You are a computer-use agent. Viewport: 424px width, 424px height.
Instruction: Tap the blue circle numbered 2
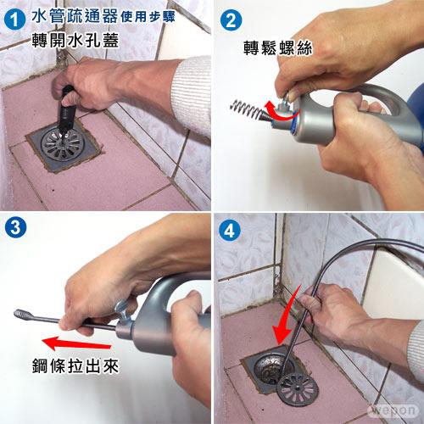(x=231, y=20)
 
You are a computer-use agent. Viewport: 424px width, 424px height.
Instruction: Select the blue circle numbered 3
(x=15, y=227)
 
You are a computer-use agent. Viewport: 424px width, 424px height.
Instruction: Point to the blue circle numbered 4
(x=229, y=230)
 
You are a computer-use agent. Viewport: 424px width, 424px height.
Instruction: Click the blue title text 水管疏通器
(x=75, y=16)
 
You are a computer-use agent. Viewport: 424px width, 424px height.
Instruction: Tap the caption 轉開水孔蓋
(x=75, y=41)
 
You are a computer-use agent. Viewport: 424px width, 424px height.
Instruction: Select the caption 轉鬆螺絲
(x=278, y=48)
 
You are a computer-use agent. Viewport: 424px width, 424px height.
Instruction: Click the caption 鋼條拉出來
(x=75, y=366)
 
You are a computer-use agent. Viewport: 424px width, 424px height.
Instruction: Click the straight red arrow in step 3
(x=76, y=343)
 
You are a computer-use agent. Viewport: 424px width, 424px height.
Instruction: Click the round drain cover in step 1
(x=63, y=143)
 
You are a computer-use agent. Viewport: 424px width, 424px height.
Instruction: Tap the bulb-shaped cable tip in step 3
(x=23, y=315)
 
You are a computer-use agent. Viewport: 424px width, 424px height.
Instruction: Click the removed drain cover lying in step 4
(x=298, y=389)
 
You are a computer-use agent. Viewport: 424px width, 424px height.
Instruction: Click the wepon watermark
(x=393, y=410)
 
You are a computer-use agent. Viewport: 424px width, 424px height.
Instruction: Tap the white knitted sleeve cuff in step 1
(x=192, y=93)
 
